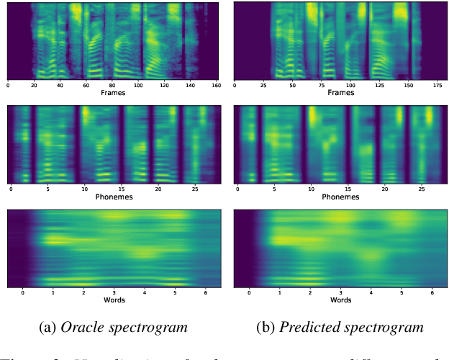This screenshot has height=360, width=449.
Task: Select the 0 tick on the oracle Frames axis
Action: click(x=8, y=85)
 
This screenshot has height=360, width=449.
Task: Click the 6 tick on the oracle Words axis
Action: click(x=206, y=292)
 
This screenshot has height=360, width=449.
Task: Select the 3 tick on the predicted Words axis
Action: click(x=340, y=292)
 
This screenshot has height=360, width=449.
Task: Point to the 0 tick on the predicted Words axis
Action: click(x=249, y=292)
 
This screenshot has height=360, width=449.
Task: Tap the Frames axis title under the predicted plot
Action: click(x=340, y=93)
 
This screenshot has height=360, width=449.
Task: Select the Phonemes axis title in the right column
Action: click(x=340, y=197)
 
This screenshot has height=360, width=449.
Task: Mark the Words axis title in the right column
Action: click(x=340, y=300)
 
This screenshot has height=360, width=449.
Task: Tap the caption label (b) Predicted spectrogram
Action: click(x=340, y=328)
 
